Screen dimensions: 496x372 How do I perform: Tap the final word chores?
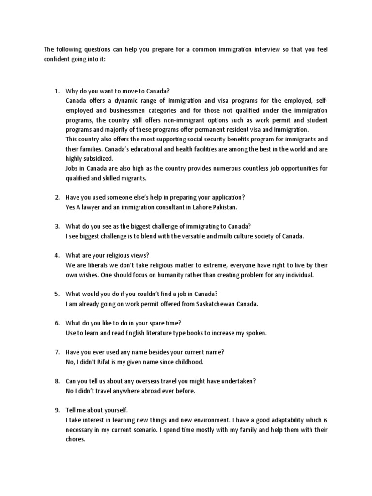pyautogui.click(x=76, y=440)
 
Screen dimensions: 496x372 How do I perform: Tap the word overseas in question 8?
pyautogui.click(x=137, y=382)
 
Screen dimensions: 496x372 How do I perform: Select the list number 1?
pyautogui.click(x=56, y=91)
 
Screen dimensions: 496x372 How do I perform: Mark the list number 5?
pyautogui.click(x=56, y=294)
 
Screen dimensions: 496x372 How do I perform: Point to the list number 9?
pyautogui.click(x=56, y=411)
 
